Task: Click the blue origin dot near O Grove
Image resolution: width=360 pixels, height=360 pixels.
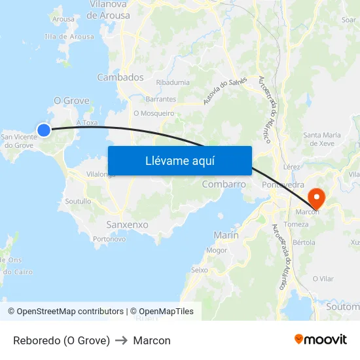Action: coord(44,130)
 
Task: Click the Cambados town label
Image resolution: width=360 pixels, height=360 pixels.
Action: coord(120,77)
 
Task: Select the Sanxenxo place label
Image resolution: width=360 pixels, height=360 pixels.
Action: coord(127,225)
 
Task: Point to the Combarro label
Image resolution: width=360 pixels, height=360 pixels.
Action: coord(224,184)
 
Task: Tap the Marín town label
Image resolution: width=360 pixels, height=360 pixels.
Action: coord(226,235)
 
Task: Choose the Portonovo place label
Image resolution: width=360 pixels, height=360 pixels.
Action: coord(109,239)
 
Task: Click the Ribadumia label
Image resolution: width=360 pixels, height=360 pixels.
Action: coord(173,82)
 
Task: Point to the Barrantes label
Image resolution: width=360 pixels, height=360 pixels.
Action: coord(161,99)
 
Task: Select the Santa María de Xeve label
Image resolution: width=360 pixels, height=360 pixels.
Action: coord(322,139)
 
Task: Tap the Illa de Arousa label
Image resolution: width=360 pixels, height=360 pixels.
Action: coord(69,37)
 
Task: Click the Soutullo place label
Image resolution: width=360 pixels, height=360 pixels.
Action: coord(78,202)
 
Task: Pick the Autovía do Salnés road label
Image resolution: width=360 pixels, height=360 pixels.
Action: coord(225,91)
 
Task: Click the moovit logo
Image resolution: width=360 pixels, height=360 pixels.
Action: coord(321,340)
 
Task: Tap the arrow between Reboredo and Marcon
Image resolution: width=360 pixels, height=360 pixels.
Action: coord(121,340)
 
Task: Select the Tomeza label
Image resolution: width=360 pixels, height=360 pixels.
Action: coord(296,225)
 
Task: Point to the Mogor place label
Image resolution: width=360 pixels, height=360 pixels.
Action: coord(217,250)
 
